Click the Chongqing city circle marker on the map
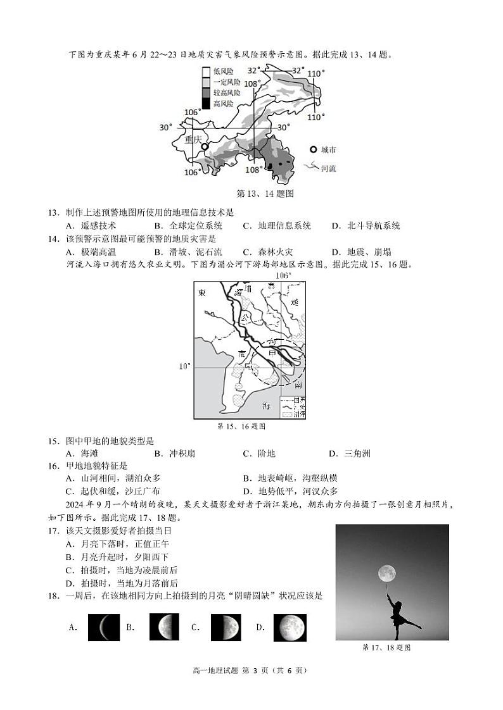tap(204, 147)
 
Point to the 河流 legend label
tap(328, 169)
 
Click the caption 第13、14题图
tap(255, 194)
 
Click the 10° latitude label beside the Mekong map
tap(184, 366)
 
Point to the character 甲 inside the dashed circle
tap(272, 352)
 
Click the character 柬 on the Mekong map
tap(201, 293)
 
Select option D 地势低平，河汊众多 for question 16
tap(290, 491)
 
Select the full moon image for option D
tap(290, 627)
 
